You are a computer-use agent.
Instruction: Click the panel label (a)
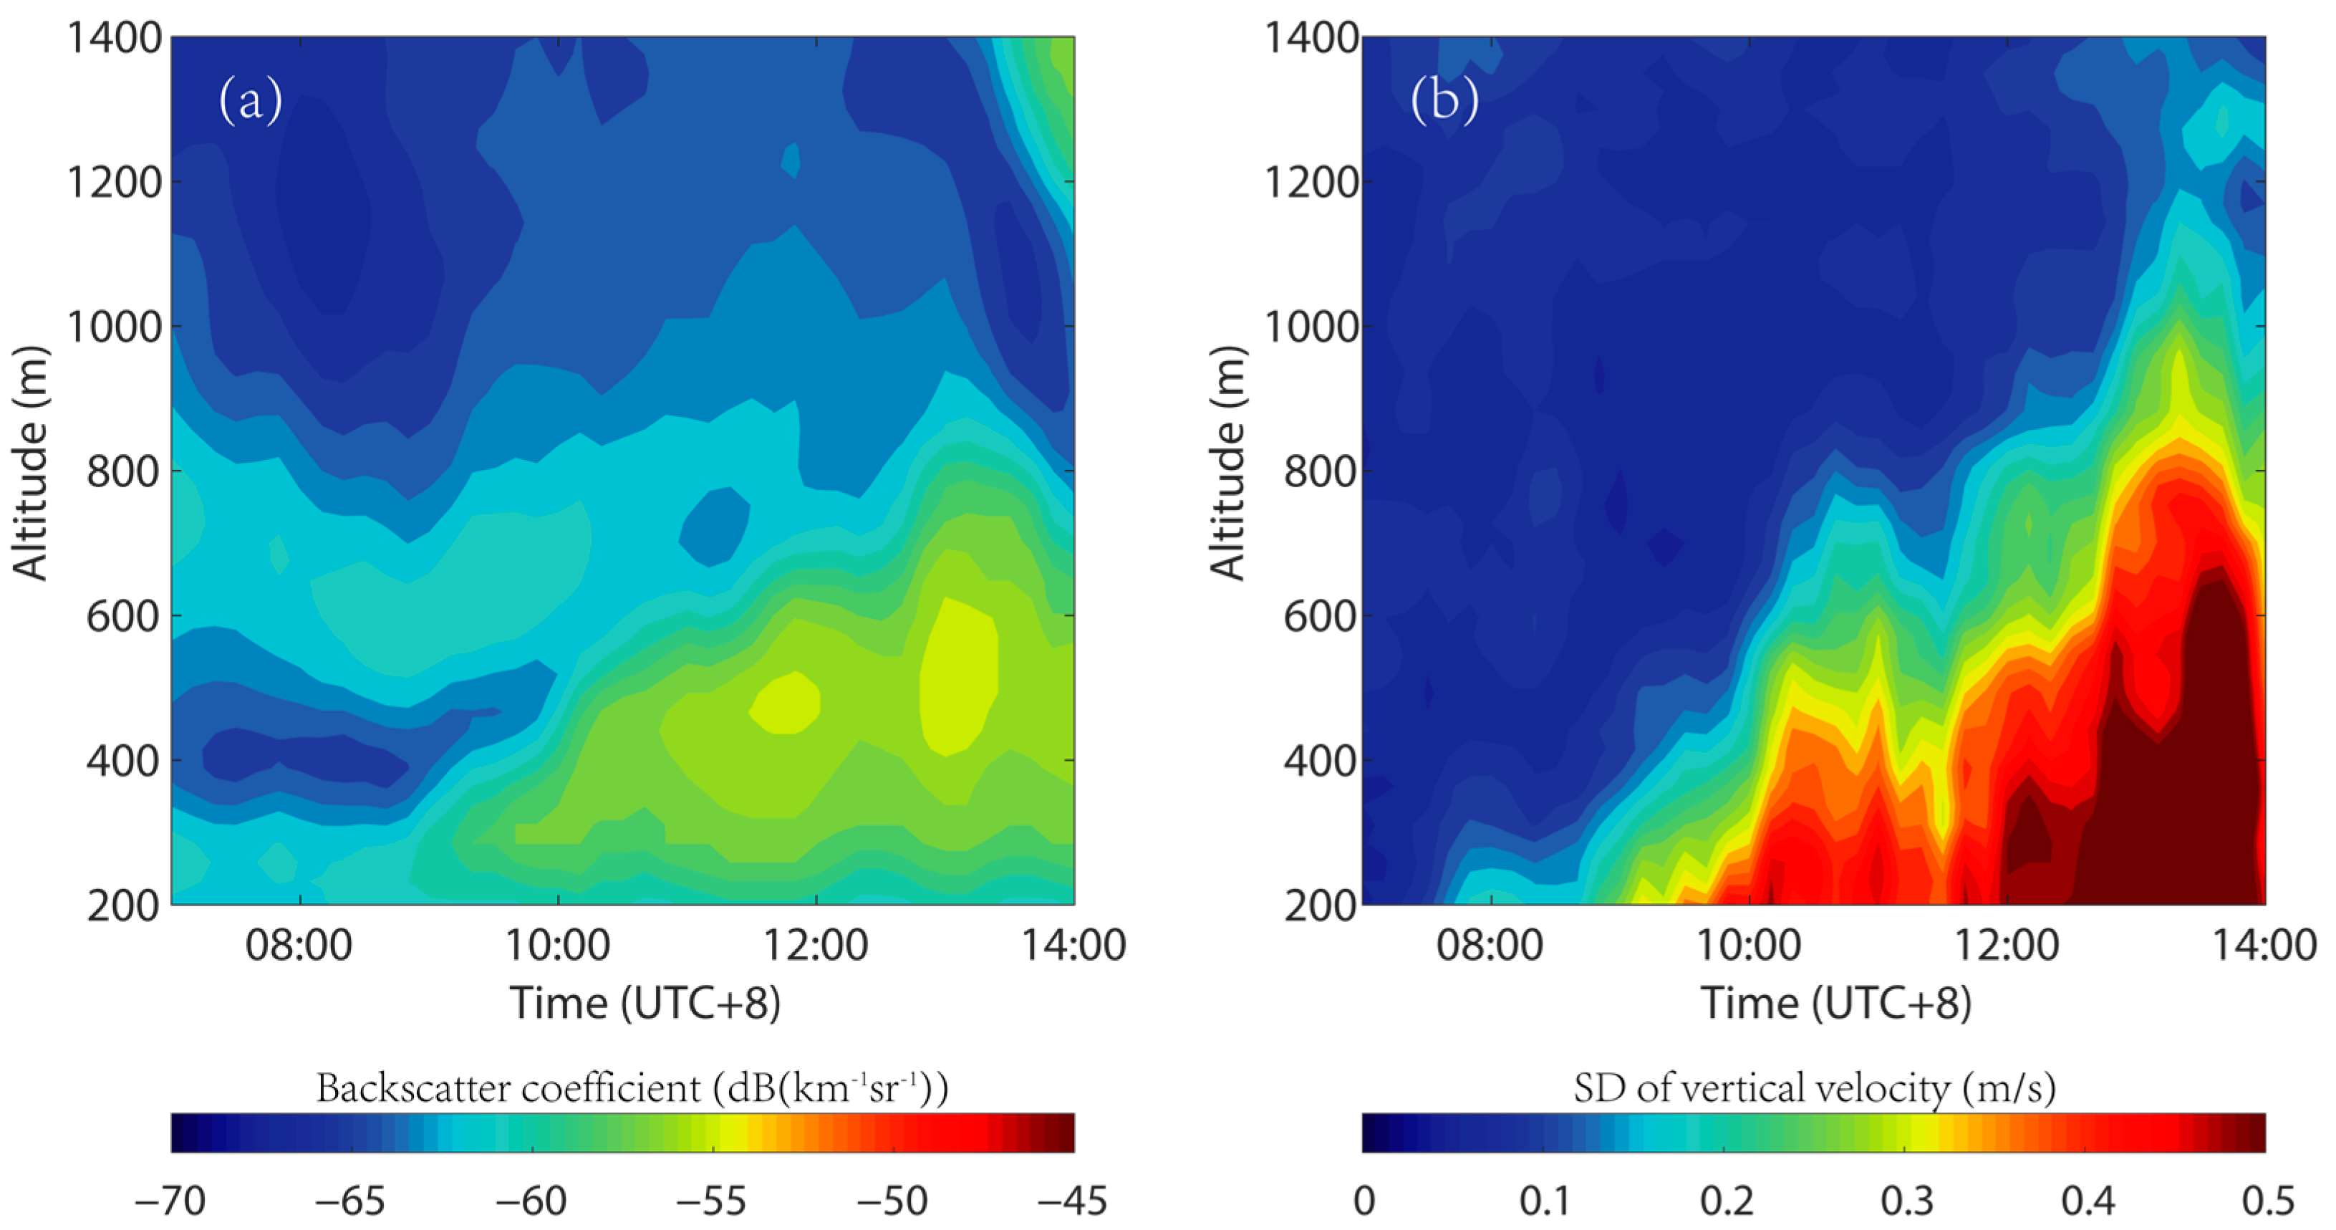(251, 100)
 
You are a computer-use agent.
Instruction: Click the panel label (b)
(1444, 100)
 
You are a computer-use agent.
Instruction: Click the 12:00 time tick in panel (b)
(2006, 945)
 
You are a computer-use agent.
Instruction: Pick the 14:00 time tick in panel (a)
(1073, 945)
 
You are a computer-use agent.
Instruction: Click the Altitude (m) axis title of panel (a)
(29, 463)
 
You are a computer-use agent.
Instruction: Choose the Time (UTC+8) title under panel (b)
(1835, 1003)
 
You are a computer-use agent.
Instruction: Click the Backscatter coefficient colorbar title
(632, 1087)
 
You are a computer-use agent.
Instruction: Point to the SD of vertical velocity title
(1814, 1087)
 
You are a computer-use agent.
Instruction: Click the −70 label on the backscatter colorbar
(170, 1201)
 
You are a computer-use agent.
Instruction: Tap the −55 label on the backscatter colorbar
(712, 1201)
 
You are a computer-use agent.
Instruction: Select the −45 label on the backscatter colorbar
(1073, 1201)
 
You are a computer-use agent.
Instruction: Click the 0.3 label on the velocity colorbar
(1906, 1201)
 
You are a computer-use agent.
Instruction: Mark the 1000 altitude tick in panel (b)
(1311, 327)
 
